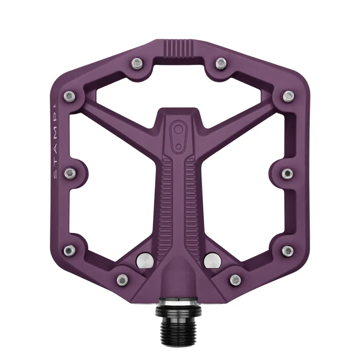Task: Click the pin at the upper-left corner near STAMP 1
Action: coord(69,95)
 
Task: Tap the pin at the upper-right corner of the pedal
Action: coord(288,95)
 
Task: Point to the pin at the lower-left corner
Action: coord(69,250)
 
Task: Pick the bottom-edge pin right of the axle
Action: coord(235,279)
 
